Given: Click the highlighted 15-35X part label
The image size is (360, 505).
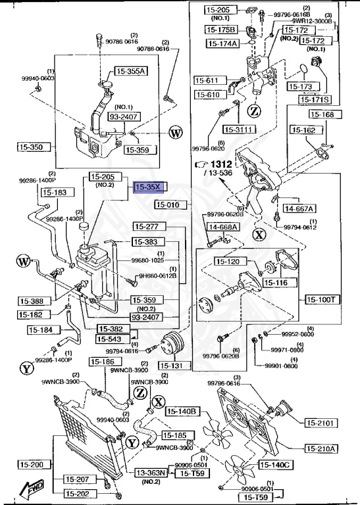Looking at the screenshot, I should pyautogui.click(x=147, y=187).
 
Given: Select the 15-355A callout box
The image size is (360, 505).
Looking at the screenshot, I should pyautogui.click(x=132, y=71).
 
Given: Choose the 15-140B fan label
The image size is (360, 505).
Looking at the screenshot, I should pyautogui.click(x=182, y=412).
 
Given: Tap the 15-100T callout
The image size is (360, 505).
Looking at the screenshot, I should pyautogui.click(x=322, y=299).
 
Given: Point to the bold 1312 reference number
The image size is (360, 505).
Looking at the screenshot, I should pyautogui.click(x=223, y=164).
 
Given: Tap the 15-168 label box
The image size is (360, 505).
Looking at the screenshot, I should pyautogui.click(x=322, y=114).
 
